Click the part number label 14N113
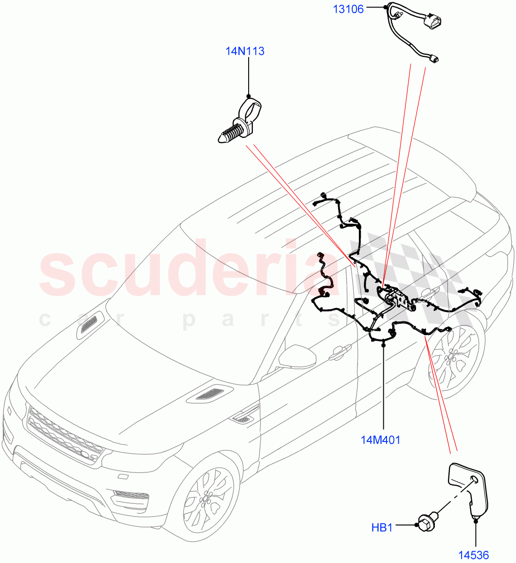click(x=245, y=51)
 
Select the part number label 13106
click(x=349, y=8)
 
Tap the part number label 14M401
click(x=380, y=440)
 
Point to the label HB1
click(x=382, y=528)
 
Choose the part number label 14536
click(x=473, y=555)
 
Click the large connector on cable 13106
click(x=433, y=23)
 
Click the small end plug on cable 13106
click(x=436, y=59)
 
